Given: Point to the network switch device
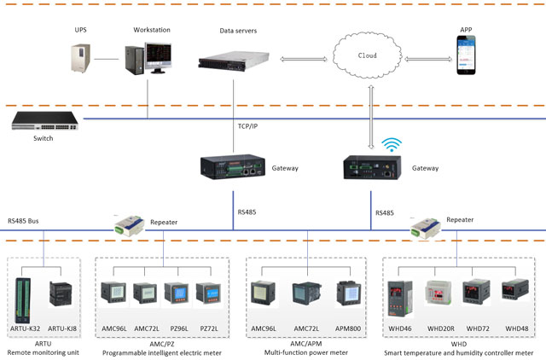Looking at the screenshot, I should (43, 123).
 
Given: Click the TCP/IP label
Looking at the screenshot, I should (249, 126).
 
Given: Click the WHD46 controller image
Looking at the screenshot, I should (402, 295).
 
